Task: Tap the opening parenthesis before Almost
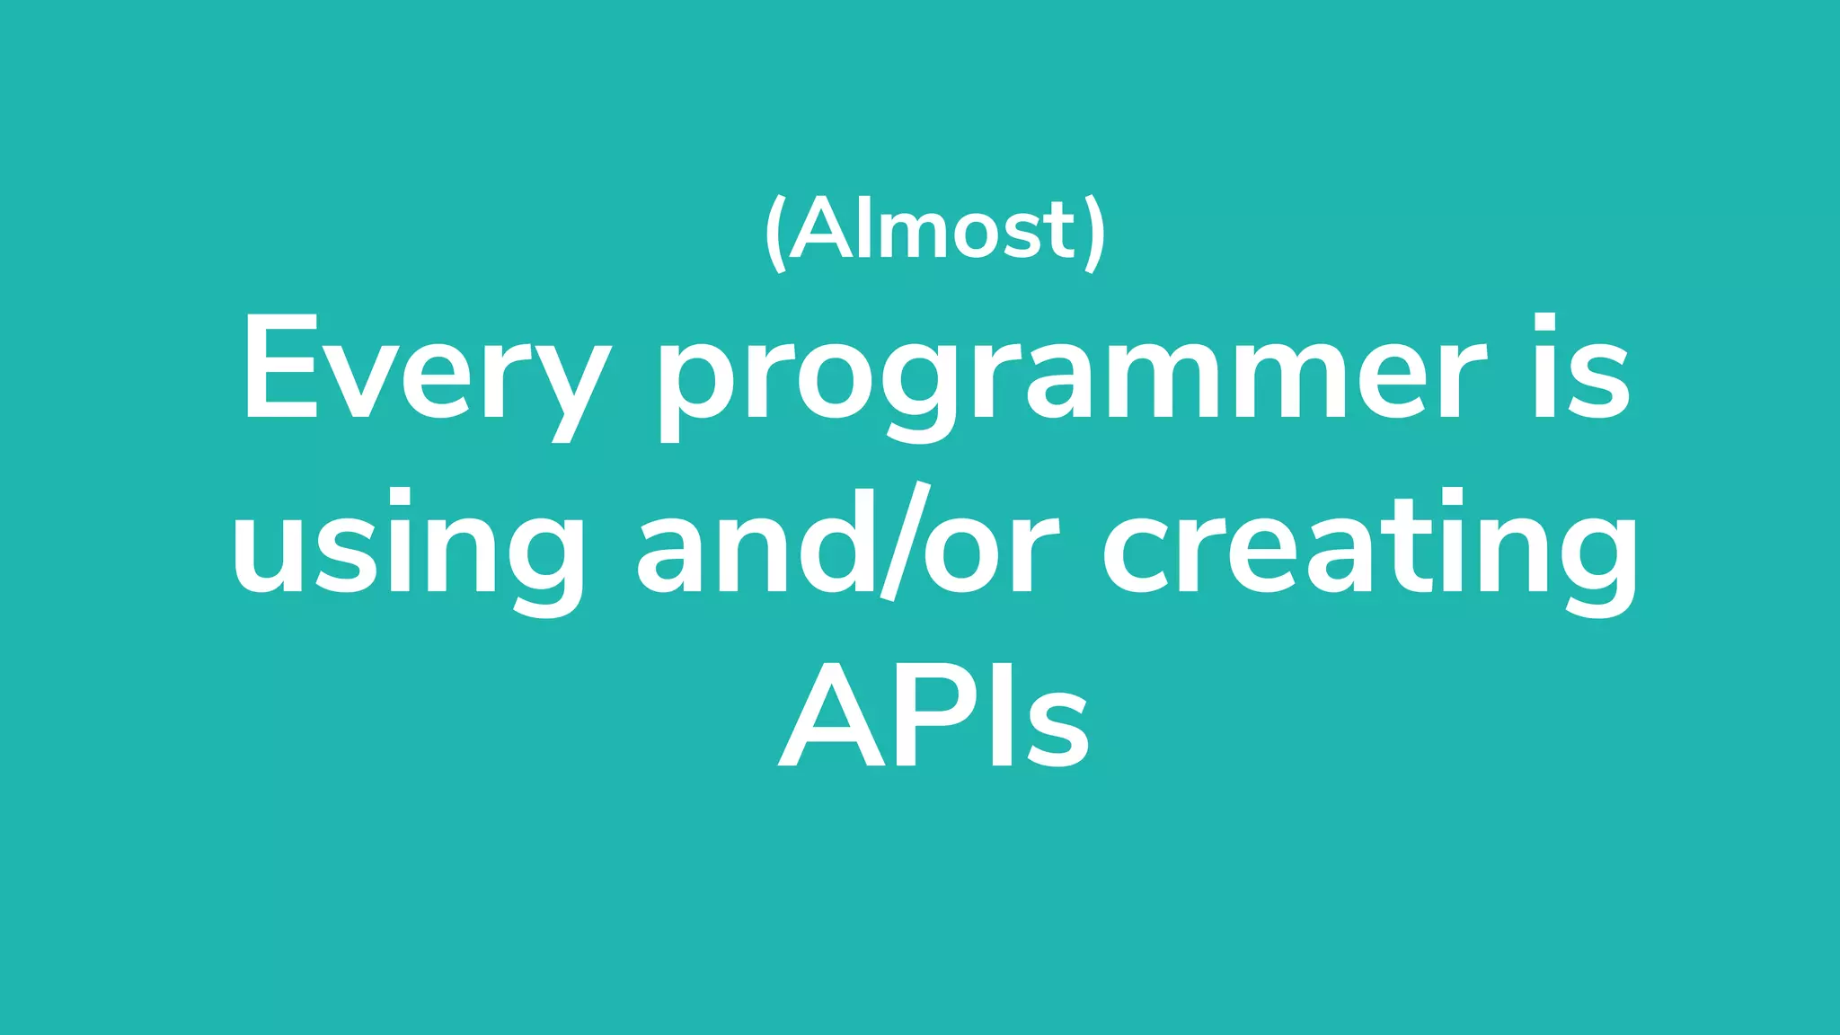pyautogui.click(x=774, y=234)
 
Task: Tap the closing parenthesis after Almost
pyautogui.click(x=1094, y=234)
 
